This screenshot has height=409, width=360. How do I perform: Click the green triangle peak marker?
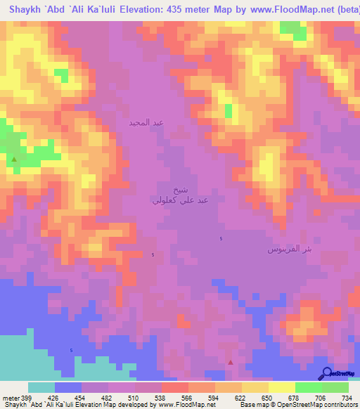14,160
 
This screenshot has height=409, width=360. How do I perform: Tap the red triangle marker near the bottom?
231,362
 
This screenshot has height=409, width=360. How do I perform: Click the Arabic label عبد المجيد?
146,123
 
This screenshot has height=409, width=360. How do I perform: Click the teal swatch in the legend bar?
41,387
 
